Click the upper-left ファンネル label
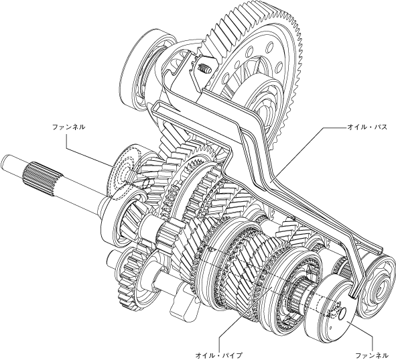coord(69,127)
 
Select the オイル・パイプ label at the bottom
coord(218,355)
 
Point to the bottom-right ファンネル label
coord(371,355)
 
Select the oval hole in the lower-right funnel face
coord(342,312)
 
